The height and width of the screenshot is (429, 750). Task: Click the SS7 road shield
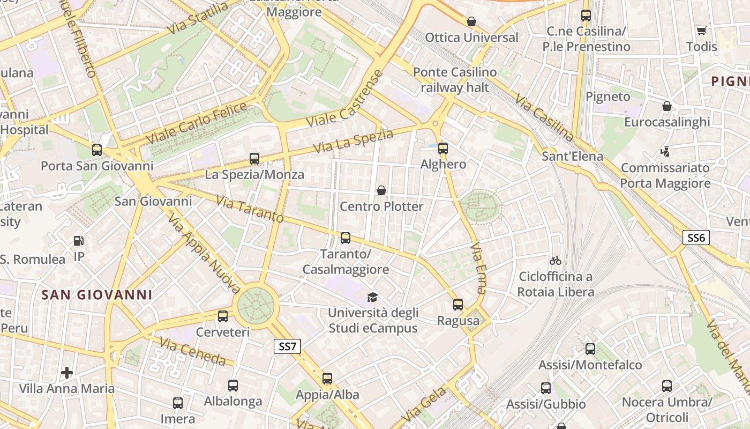(287, 346)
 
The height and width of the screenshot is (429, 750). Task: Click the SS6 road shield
(696, 238)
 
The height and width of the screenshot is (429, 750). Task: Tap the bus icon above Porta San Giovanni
(97, 150)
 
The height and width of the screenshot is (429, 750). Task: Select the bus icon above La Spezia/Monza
(254, 159)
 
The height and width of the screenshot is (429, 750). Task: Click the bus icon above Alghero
(443, 149)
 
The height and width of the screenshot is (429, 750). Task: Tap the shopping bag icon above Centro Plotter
(381, 190)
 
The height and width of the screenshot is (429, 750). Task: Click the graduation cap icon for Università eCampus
(372, 297)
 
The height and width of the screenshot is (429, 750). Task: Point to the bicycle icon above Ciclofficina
(556, 261)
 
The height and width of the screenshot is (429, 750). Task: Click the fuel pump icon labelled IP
(79, 241)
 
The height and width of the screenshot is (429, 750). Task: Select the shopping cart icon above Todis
(701, 31)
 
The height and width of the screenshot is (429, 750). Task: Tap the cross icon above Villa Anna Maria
(67, 372)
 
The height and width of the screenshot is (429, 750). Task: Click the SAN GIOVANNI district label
(97, 295)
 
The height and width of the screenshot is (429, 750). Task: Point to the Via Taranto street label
(250, 209)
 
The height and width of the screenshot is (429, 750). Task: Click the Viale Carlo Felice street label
(196, 122)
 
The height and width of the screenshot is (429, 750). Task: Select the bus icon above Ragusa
(458, 305)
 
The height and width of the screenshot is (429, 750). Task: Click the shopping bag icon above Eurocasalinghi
(667, 106)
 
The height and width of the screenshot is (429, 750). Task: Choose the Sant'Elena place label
(572, 157)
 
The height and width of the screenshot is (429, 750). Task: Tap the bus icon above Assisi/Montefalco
(590, 349)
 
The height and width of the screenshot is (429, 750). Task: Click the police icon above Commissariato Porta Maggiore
(665, 152)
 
